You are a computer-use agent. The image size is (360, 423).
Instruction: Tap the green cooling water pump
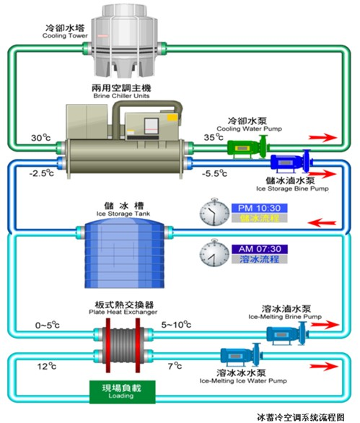tap(246, 147)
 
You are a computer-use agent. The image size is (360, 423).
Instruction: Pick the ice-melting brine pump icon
tap(281, 333)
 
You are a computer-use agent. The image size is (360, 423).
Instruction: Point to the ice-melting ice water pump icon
tap(238, 355)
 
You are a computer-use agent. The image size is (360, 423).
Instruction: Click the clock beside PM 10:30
tap(214, 212)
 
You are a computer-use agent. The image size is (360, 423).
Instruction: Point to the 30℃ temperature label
tap(40, 137)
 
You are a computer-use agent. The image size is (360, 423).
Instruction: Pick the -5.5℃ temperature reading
tap(213, 173)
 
